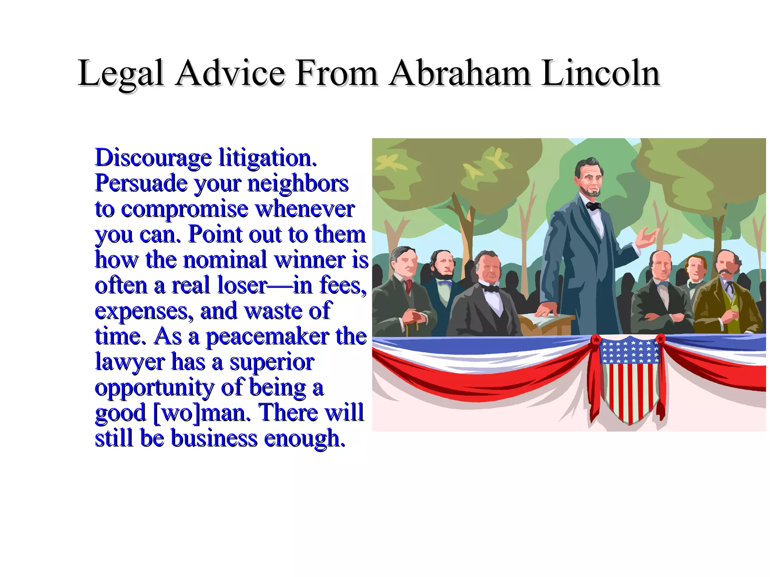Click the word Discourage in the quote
(153, 158)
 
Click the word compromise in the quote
(185, 209)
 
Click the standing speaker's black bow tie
(594, 206)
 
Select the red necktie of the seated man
(409, 286)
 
